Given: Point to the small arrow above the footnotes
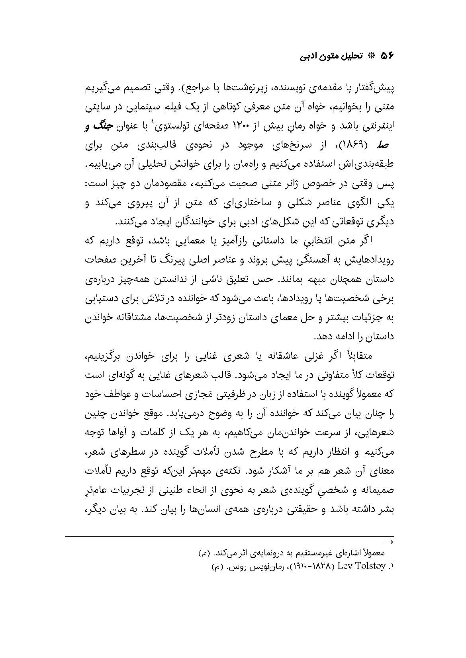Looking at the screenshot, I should [388, 542].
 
